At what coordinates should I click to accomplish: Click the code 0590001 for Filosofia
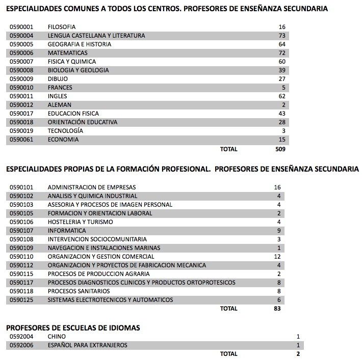[x=21, y=27]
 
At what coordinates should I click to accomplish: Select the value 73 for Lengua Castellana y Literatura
[x=282, y=36]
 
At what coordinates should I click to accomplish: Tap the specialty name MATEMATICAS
[x=68, y=53]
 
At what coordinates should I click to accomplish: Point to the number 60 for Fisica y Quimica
[x=282, y=62]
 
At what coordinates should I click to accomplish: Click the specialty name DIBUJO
[x=58, y=79]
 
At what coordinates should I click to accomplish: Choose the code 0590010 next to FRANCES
[x=21, y=88]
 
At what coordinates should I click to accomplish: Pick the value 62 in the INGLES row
[x=282, y=96]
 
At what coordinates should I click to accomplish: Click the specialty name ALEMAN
[x=60, y=105]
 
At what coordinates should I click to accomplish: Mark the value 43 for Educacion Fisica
[x=282, y=114]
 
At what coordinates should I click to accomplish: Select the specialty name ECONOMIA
[x=63, y=140]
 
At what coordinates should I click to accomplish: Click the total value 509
[x=280, y=149]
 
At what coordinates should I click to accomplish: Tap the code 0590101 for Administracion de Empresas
[x=21, y=187]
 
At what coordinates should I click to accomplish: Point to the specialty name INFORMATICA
[x=67, y=231]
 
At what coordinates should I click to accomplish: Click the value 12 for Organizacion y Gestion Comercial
[x=277, y=257]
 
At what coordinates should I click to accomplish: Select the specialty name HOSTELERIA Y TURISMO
[x=81, y=222]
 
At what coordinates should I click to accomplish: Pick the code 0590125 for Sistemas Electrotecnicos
[x=21, y=300]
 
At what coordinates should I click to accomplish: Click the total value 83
[x=277, y=309]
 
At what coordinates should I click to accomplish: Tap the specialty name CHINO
[x=57, y=337]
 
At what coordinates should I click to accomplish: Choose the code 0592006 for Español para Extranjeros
[x=21, y=345]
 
